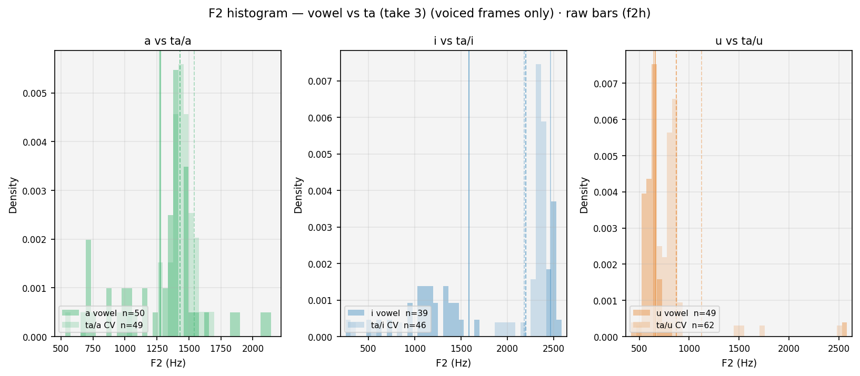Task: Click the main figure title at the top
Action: pos(429,14)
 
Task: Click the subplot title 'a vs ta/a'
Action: pos(168,41)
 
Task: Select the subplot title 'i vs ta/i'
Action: pos(453,41)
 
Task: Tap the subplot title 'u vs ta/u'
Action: pos(739,41)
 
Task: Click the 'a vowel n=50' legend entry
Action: pos(103,313)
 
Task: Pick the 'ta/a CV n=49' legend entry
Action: pos(102,326)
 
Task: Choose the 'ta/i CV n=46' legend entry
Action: pos(387,326)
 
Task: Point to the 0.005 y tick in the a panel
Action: pos(34,94)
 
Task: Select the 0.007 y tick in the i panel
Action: pos(319,82)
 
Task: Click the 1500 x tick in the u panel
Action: pos(739,349)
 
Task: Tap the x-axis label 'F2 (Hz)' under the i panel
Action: pos(453,363)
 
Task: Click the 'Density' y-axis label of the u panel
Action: pos(584,195)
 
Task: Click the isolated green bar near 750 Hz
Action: pos(88,288)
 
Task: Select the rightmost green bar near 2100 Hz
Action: pos(266,324)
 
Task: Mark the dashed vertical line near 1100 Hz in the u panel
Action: pos(702,194)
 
